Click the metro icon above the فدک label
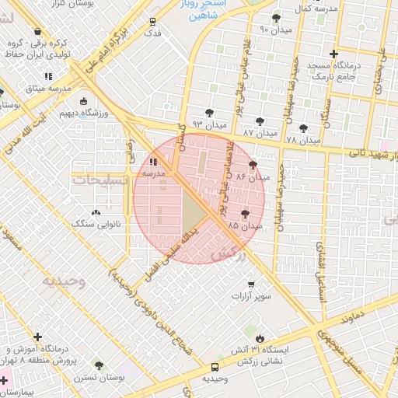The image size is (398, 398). pyautogui.click(x=152, y=21)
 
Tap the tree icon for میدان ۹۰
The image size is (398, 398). pyautogui.click(x=277, y=18)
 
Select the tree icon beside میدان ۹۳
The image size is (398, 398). pyautogui.click(x=209, y=113)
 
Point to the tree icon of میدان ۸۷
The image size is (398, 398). pyautogui.click(x=259, y=121)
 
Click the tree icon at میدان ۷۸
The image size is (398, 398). pyautogui.click(x=303, y=128)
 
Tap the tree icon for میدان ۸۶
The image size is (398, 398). pyautogui.click(x=253, y=165)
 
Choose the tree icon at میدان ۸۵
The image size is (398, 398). pyautogui.click(x=246, y=212)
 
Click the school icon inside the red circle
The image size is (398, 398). pyautogui.click(x=152, y=162)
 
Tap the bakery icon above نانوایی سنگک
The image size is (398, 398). pyautogui.click(x=96, y=211)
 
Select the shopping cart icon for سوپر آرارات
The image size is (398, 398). pyautogui.click(x=250, y=285)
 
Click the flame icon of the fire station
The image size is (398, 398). pyautogui.click(x=260, y=338)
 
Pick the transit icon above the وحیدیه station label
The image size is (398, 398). pyautogui.click(x=215, y=367)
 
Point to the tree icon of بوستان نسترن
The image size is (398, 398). pyautogui.click(x=98, y=365)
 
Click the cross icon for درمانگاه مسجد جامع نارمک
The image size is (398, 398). pyautogui.click(x=333, y=54)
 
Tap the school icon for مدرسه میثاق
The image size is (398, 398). pyautogui.click(x=48, y=76)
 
